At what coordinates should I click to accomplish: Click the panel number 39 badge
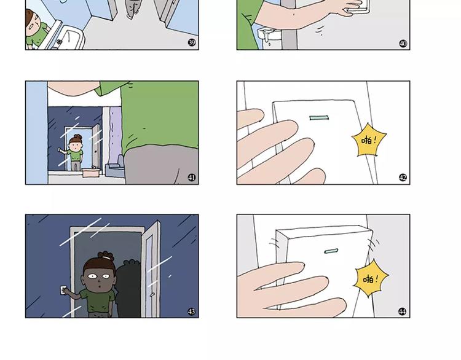point(192,42)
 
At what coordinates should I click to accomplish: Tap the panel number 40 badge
point(403,44)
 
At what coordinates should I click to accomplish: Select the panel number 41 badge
point(192,178)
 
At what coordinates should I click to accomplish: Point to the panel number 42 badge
point(403,178)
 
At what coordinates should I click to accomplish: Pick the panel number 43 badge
point(191,311)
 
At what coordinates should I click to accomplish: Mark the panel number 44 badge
point(402,311)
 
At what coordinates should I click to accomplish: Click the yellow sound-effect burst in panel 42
point(369,140)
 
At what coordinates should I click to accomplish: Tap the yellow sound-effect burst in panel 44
point(371,278)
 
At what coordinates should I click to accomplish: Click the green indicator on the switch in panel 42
point(319,118)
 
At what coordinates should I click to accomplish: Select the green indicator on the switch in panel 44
point(331,251)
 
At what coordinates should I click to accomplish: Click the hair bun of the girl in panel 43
point(106,256)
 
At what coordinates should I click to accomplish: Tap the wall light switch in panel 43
point(63,290)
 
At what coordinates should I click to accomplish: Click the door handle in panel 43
point(152,294)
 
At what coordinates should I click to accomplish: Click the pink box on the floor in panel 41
point(92,172)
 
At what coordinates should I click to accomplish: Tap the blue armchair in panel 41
point(116,167)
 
